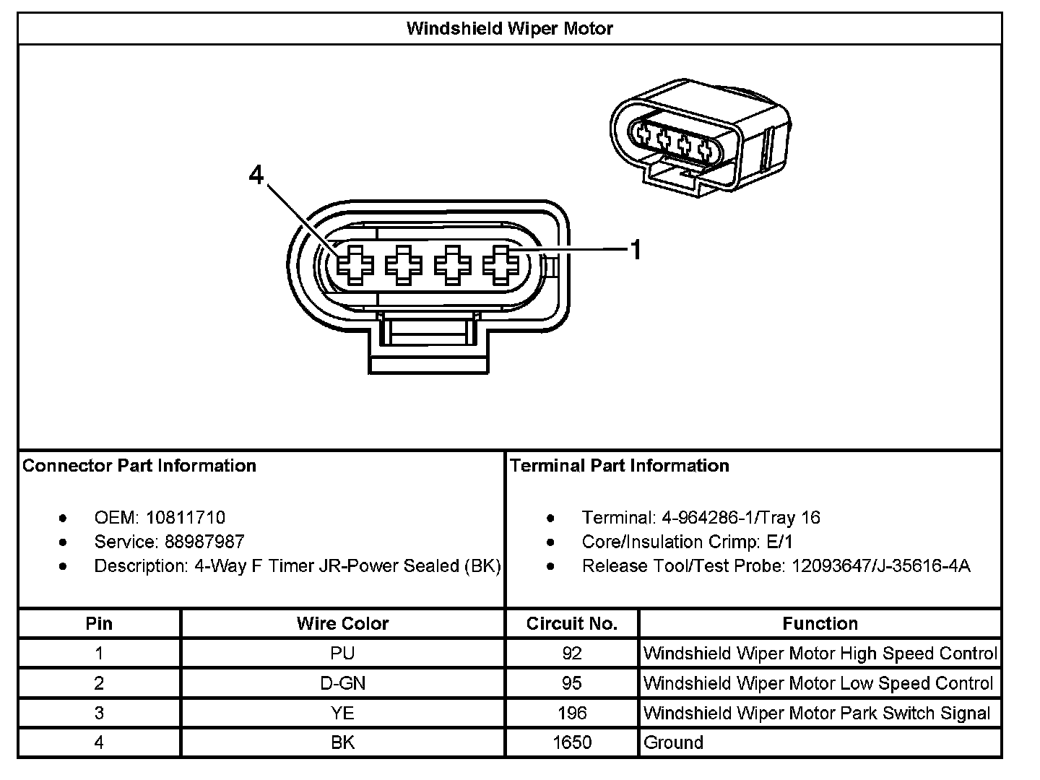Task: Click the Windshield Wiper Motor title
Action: [x=509, y=29]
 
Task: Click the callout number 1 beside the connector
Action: [x=636, y=250]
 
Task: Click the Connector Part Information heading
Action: [x=139, y=466]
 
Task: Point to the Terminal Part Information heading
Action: [x=620, y=466]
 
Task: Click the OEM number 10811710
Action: [x=186, y=518]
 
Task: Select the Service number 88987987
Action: [x=204, y=542]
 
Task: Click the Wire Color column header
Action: [x=342, y=623]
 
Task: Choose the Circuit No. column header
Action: [x=572, y=623]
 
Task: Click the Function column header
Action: [x=820, y=623]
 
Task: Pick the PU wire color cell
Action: [x=342, y=654]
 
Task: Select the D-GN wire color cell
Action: [x=342, y=683]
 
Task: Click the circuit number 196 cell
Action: [x=572, y=714]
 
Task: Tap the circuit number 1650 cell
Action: [x=572, y=743]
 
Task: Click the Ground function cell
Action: [x=673, y=743]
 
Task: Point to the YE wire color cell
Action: [x=342, y=714]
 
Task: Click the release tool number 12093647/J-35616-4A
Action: [x=881, y=566]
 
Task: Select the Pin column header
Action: [x=99, y=623]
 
